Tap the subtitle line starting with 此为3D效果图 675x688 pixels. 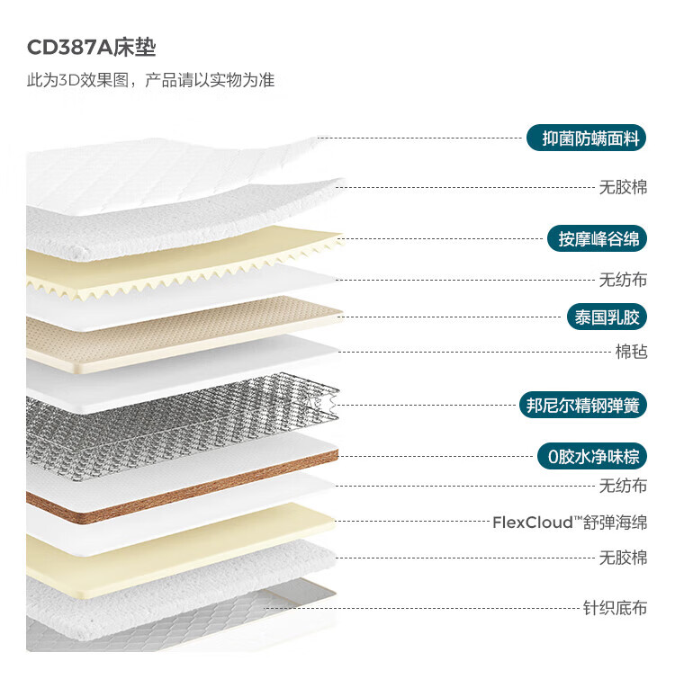pos(150,80)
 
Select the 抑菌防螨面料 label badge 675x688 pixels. pos(587,138)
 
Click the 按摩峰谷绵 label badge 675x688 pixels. pos(597,238)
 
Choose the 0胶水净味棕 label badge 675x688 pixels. pos(591,457)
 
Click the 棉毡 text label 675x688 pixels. pos(631,352)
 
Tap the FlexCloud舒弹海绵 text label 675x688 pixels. pos(570,523)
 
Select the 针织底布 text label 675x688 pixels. pos(615,608)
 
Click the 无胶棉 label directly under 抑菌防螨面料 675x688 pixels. pos(623,188)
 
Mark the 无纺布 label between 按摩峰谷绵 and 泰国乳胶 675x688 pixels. pos(623,280)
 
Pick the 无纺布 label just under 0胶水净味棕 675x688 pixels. pos(623,487)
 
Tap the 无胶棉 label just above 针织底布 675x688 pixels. pos(623,558)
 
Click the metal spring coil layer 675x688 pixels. pos(180,423)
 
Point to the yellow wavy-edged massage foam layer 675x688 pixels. pos(180,265)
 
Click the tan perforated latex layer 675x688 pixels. pos(180,333)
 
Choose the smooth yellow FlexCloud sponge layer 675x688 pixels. pos(180,549)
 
